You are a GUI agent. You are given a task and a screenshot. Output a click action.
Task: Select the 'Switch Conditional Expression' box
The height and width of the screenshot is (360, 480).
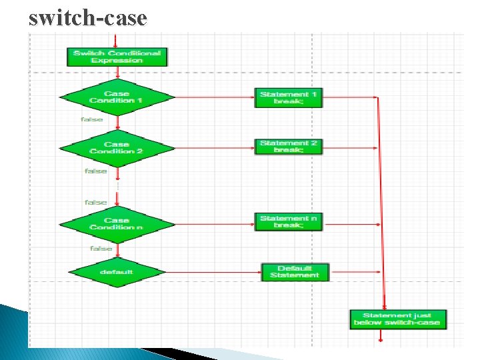point(117,57)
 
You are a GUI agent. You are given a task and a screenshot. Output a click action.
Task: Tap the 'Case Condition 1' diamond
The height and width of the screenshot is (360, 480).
point(117,97)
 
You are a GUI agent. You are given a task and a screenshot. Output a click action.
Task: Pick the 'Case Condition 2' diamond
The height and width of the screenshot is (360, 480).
point(117,147)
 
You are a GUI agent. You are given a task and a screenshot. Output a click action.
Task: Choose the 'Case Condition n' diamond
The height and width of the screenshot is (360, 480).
point(117,224)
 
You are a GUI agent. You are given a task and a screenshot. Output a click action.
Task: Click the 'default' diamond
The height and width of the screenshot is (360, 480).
point(117,272)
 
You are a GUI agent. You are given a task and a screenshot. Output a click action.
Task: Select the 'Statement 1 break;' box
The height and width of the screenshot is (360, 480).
point(289,98)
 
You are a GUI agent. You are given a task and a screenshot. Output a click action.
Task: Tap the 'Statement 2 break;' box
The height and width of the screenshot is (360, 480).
point(289,147)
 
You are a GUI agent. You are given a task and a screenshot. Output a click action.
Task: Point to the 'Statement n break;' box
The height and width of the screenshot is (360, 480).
point(289,222)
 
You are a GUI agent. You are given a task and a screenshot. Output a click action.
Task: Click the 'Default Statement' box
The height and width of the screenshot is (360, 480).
point(295,272)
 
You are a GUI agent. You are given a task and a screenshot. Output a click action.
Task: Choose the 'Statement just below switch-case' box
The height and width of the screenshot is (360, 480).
point(398,319)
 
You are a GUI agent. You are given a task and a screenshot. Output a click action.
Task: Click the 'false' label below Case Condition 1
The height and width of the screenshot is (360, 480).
point(92,119)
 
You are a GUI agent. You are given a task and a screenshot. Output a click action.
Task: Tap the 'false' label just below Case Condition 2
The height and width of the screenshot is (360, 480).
point(96,171)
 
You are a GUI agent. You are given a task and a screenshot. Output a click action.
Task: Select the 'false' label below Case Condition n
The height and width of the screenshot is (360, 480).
point(101,248)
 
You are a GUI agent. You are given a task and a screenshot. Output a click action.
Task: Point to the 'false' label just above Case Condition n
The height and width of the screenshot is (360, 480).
point(95,202)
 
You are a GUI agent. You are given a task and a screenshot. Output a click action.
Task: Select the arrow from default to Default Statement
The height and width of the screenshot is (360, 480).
point(212,272)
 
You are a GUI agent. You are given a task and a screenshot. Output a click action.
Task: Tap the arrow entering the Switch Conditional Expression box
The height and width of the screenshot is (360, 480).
point(117,39)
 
